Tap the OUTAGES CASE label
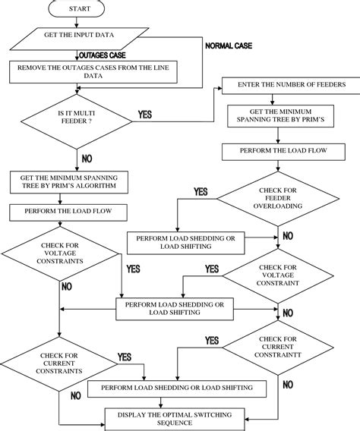click(103, 55)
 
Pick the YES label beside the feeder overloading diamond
click(201, 192)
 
